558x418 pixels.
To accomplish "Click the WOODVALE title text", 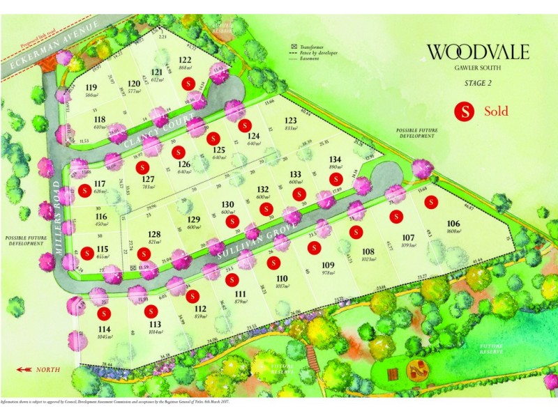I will pyautogui.click(x=478, y=52).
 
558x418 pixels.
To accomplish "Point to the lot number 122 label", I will pyautogui.click(x=185, y=60).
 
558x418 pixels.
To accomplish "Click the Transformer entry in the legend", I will pyautogui.click(x=311, y=45).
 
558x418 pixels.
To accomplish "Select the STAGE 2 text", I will pyautogui.click(x=478, y=84).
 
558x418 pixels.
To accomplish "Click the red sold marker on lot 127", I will pyautogui.click(x=143, y=167).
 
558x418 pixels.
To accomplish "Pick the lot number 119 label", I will pyautogui.click(x=91, y=87).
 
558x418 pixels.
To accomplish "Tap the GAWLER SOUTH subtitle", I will pyautogui.click(x=478, y=68).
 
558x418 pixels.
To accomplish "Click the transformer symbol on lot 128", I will pyautogui.click(x=135, y=266).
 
